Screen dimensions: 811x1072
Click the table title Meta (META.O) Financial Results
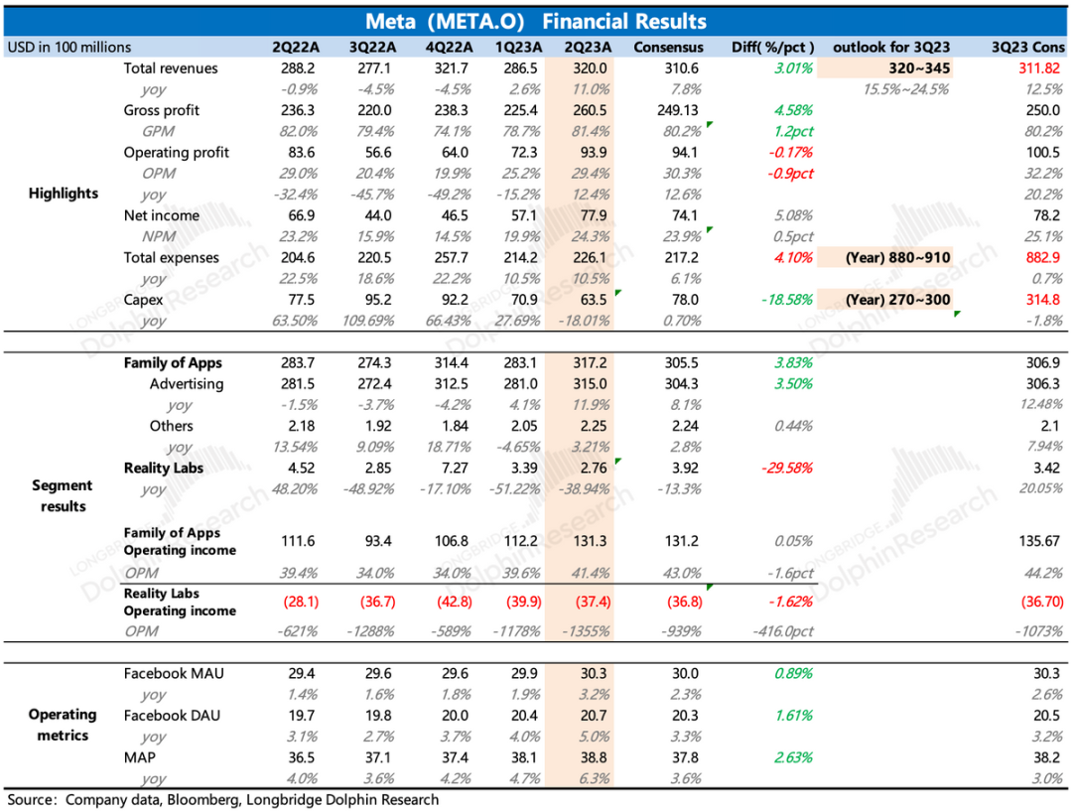pyautogui.click(x=536, y=21)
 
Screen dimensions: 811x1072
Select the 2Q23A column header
pyautogui.click(x=587, y=47)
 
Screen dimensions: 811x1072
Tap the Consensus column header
pyautogui.click(x=668, y=47)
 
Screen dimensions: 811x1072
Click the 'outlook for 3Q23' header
pyautogui.click(x=889, y=47)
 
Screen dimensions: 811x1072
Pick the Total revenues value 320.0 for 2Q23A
pyautogui.click(x=588, y=68)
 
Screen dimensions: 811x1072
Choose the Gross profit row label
pyautogui.click(x=162, y=110)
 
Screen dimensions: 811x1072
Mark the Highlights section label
pyautogui.click(x=64, y=194)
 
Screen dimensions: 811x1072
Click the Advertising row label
pyautogui.click(x=187, y=384)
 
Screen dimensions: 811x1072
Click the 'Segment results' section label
pyautogui.click(x=62, y=495)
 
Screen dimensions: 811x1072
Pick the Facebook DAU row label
pyautogui.click(x=173, y=715)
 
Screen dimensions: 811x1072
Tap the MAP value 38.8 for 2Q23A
pyautogui.click(x=588, y=756)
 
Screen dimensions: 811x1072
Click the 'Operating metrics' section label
pyautogui.click(x=62, y=725)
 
